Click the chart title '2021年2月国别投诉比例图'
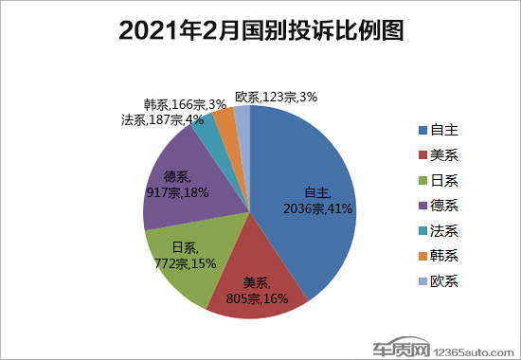pyautogui.click(x=260, y=31)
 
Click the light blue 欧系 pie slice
pyautogui.click(x=243, y=116)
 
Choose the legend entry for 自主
pyautogui.click(x=437, y=129)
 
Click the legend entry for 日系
pyautogui.click(x=437, y=180)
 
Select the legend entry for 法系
pyautogui.click(x=437, y=231)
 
